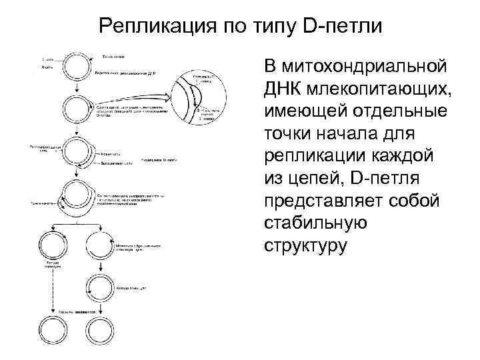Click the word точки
tap(291, 134)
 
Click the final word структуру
tap(306, 246)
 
